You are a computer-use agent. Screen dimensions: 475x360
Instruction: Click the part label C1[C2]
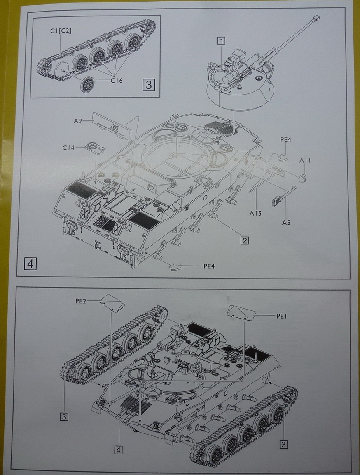[61, 31]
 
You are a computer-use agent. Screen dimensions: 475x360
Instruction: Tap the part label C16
[117, 80]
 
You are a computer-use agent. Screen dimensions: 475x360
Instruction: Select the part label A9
[78, 121]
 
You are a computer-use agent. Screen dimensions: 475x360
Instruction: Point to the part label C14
[68, 147]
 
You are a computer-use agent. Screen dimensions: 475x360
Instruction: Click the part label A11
[305, 160]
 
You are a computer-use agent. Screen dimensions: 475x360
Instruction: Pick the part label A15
[256, 213]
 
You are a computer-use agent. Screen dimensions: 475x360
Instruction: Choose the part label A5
[286, 222]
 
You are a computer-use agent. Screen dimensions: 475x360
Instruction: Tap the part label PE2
[81, 301]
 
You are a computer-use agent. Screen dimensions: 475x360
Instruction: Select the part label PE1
[282, 316]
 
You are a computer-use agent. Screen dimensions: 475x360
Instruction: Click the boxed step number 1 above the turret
[222, 41]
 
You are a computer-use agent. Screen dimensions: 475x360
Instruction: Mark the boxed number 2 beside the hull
[245, 240]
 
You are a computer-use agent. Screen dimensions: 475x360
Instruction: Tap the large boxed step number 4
[30, 263]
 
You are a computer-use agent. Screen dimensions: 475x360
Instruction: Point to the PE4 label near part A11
[286, 140]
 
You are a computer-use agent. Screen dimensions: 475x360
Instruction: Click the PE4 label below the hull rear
[210, 265]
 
